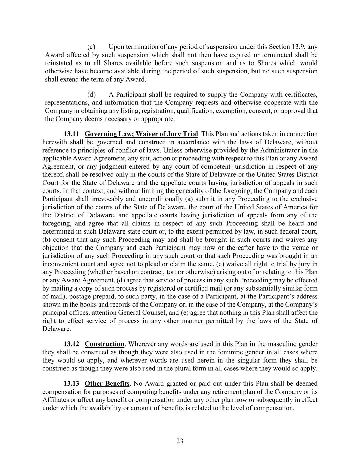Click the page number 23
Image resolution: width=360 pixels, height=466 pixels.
(x=180, y=441)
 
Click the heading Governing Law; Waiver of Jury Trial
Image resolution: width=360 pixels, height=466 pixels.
(x=141, y=134)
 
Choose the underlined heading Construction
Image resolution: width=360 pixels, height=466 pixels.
(x=104, y=344)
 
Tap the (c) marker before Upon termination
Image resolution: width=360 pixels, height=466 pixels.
(x=91, y=47)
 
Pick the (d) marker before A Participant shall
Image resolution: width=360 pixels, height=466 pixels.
(x=91, y=94)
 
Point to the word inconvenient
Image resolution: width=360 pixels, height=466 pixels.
(x=61, y=264)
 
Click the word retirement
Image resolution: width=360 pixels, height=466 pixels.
(x=230, y=392)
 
